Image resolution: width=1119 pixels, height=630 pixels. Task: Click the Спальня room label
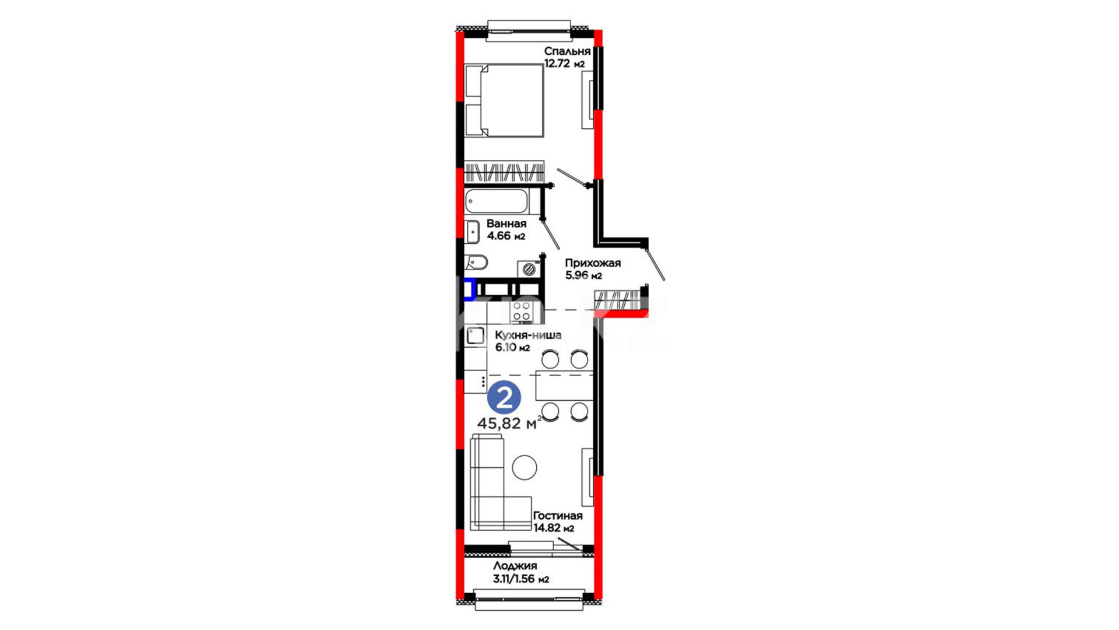click(567, 51)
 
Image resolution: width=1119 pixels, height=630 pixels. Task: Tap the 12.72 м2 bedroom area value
click(564, 64)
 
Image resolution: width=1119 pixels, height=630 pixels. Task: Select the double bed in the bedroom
click(504, 100)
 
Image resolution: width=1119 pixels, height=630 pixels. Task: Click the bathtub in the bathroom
click(497, 201)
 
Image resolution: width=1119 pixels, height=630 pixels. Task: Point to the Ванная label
click(506, 223)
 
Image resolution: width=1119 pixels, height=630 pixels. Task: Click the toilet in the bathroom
click(476, 262)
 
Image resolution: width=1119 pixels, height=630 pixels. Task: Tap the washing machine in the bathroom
click(529, 269)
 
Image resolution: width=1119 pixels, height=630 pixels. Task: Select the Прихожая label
click(593, 263)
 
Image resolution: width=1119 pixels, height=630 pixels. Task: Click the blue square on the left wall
click(469, 289)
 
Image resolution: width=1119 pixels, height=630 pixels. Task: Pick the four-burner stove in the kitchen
click(522, 312)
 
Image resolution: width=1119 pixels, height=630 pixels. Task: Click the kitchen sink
click(476, 335)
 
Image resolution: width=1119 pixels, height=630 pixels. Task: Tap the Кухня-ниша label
click(528, 335)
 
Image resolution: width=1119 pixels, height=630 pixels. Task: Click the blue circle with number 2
click(504, 398)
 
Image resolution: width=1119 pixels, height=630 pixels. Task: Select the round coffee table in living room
click(525, 467)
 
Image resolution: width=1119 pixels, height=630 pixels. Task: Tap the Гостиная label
click(558, 516)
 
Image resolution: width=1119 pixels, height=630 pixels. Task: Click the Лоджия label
click(515, 566)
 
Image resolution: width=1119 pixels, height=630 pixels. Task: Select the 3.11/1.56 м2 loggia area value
click(521, 579)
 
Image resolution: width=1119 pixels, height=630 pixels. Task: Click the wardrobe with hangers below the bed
click(504, 171)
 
